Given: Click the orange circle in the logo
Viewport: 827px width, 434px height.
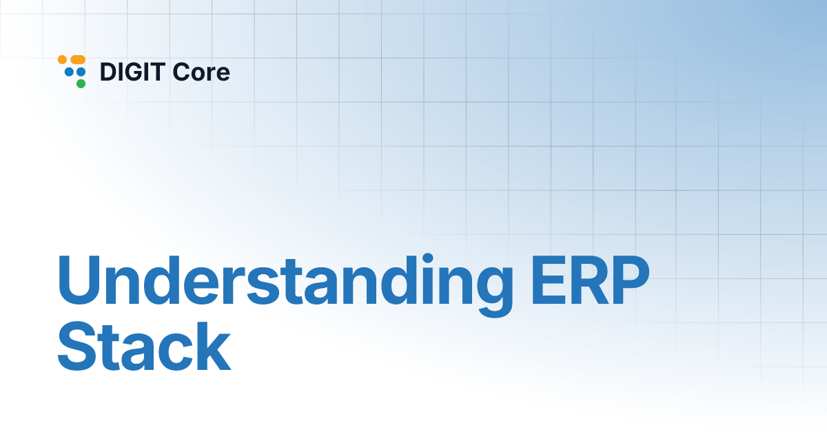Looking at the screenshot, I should point(62,60).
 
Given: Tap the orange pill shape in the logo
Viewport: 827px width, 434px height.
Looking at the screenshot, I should point(77,60).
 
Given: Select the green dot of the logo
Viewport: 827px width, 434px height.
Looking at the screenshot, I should point(81,83).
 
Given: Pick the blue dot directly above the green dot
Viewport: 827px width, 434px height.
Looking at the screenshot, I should point(81,72).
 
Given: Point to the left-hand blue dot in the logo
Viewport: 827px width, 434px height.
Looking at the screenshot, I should point(69,72).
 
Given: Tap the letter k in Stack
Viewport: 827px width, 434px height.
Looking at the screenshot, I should point(212,349).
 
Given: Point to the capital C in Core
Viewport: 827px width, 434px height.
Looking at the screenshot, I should point(183,72).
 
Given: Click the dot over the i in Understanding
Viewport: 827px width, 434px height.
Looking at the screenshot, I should point(411,260).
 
